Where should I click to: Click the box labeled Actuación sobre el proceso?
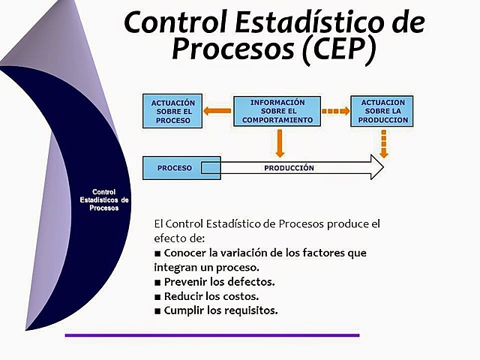tap(172, 111)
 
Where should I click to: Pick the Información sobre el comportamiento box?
tap(277, 111)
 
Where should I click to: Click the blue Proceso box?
tap(175, 168)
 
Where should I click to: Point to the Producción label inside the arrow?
tap(289, 168)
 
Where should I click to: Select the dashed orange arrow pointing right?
tap(335, 112)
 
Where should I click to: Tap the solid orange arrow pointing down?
tap(279, 142)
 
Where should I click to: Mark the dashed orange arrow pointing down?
tap(383, 144)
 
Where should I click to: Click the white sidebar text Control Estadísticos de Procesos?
tap(104, 200)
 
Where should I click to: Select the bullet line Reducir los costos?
tap(206, 296)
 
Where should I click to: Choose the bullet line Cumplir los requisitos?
tap(216, 310)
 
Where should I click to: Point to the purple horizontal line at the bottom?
tap(211, 335)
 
